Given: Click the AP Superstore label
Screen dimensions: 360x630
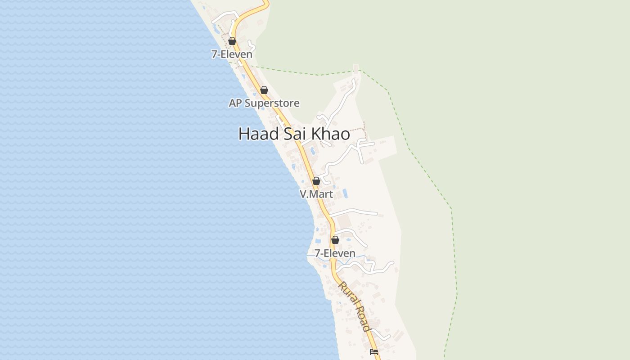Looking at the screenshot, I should [264, 103].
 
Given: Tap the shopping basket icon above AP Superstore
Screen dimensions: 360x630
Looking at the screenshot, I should [264, 90].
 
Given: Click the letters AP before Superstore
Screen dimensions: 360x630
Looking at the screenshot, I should [234, 103].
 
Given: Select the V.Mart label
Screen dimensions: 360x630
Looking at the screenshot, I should [316, 194].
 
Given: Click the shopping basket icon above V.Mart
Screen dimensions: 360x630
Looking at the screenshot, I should [316, 181].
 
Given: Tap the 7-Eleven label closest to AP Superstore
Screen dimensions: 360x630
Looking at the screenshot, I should [232, 54].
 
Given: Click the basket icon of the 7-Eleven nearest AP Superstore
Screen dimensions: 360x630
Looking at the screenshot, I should [232, 41].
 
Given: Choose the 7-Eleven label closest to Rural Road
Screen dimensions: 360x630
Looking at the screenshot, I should [335, 253].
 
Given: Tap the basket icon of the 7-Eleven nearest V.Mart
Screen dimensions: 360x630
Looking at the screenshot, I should [335, 240].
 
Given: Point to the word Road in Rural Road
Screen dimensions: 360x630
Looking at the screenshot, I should [364, 319].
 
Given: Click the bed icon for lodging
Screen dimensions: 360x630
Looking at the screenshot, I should [373, 352].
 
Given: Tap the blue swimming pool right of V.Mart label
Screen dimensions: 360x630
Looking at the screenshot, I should [345, 193].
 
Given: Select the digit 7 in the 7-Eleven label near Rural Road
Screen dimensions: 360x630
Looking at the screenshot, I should [317, 253].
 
